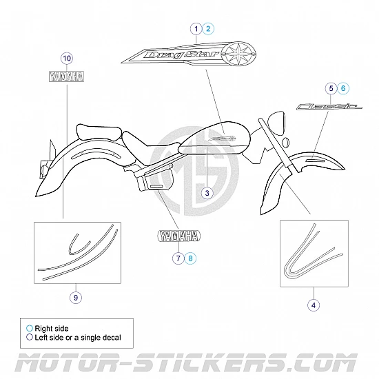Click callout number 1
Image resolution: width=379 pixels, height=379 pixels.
(x=196, y=29)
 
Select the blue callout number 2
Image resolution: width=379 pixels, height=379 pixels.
(x=208, y=29)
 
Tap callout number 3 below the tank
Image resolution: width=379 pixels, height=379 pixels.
(x=207, y=193)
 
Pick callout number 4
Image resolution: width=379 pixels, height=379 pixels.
(x=314, y=305)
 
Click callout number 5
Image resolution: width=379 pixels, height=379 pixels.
(x=331, y=88)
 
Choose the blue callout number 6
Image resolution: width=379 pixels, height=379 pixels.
(x=343, y=88)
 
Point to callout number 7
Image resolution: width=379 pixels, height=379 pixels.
(x=178, y=258)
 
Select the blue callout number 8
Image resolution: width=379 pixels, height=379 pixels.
(x=190, y=258)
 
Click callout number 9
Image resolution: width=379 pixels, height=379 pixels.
(x=76, y=297)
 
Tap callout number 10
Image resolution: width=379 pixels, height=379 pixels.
(x=67, y=59)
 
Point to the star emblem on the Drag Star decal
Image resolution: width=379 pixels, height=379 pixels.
(x=238, y=54)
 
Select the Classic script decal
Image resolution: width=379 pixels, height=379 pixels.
(x=329, y=106)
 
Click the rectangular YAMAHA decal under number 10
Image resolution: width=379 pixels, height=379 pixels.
(x=66, y=76)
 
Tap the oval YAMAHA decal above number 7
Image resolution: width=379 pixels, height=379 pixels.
(x=179, y=236)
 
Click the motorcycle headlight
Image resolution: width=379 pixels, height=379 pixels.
(x=276, y=123)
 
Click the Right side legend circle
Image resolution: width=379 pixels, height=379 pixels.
(x=30, y=328)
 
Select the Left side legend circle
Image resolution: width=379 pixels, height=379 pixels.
(x=30, y=337)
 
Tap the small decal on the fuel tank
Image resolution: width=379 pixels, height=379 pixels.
(x=223, y=139)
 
